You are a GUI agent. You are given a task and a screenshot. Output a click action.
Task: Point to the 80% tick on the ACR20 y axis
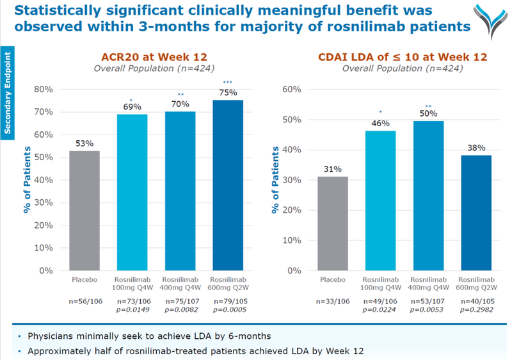coord(44,88)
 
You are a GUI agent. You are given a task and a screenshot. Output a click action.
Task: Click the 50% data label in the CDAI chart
coord(428,113)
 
